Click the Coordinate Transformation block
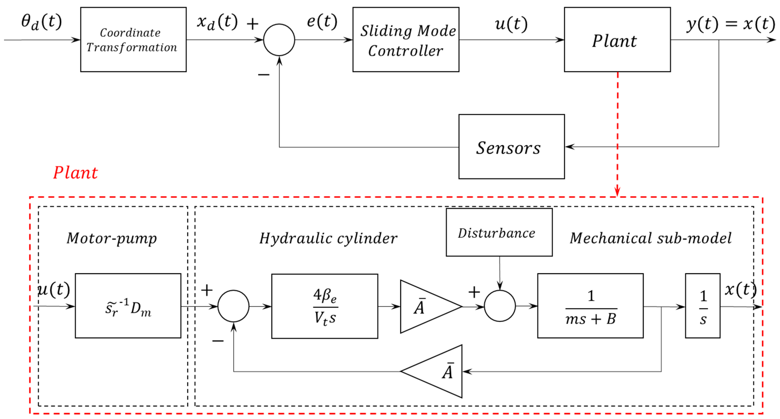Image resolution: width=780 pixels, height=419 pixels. pyautogui.click(x=133, y=40)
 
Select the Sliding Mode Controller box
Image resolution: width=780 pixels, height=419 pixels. pyautogui.click(x=406, y=40)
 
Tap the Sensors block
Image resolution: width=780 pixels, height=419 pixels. pyautogui.click(x=512, y=147)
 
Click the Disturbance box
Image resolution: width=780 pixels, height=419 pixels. pyautogui.click(x=499, y=233)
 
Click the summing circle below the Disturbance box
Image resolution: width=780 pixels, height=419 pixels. pyautogui.click(x=500, y=306)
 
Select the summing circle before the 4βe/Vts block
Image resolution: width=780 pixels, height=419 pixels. pyautogui.click(x=234, y=306)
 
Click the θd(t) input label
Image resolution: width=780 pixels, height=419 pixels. pyautogui.click(x=41, y=22)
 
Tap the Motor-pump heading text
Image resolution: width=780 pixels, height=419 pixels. pyautogui.click(x=112, y=238)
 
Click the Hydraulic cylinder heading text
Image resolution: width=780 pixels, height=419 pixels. pyautogui.click(x=328, y=238)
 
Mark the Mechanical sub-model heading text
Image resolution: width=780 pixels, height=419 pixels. pyautogui.click(x=650, y=238)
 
